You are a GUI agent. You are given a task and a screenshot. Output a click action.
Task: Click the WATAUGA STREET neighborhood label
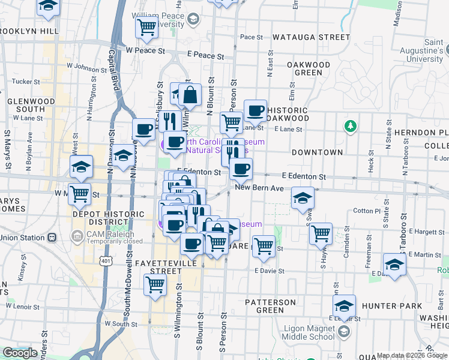coord(310,37)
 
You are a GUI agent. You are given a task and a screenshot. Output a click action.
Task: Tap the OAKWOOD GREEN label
coord(309,68)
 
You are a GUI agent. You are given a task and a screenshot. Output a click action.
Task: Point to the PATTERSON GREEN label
coord(270,306)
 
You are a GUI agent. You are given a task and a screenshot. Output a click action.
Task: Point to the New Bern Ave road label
coord(259,188)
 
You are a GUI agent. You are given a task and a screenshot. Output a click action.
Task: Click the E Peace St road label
coord(205,56)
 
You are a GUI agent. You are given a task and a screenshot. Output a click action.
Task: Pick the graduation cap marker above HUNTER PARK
coord(394,264)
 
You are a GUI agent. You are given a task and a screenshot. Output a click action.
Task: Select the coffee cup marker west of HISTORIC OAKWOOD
coord(255,110)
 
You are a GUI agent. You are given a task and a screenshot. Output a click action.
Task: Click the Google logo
coord(20,353)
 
